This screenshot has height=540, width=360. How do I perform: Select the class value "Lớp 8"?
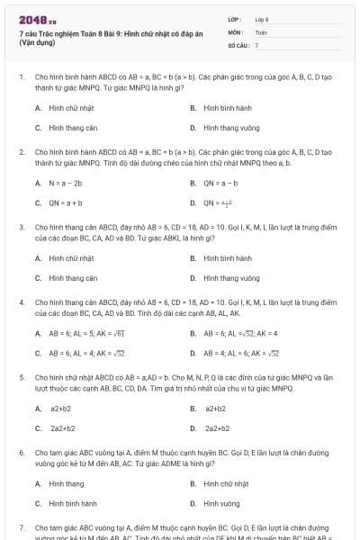click(262, 18)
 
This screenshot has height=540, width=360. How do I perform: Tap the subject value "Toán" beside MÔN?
click(261, 31)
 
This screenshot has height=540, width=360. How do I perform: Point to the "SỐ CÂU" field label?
click(237, 44)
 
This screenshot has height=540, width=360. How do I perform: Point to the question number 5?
click(22, 378)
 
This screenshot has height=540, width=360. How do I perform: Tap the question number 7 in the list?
click(22, 526)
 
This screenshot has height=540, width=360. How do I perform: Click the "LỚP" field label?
click(235, 18)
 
